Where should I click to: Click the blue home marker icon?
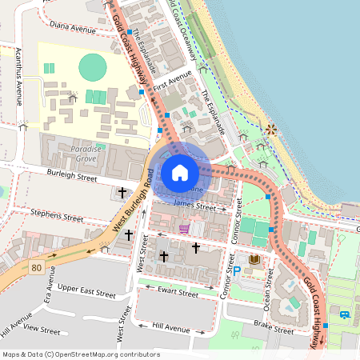[x=180, y=173]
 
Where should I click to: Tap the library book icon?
[x=255, y=261]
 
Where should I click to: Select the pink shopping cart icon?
[x=185, y=229]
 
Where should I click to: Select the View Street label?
[x=42, y=329]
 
